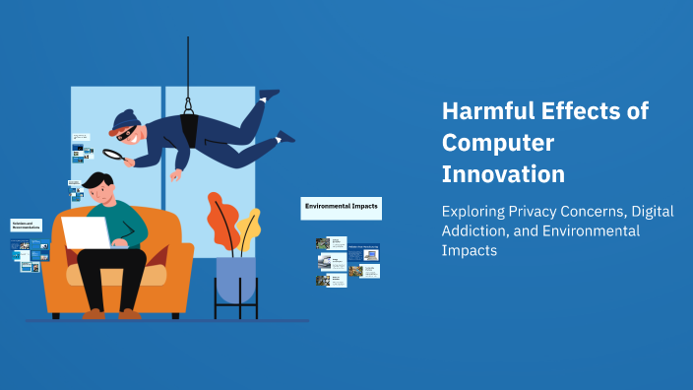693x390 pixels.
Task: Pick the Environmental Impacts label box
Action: (341, 207)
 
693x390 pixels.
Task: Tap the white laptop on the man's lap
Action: (88, 232)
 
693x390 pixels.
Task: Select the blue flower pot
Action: (235, 279)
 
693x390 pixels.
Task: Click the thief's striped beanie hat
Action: (124, 121)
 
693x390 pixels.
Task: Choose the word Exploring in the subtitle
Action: (472, 211)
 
